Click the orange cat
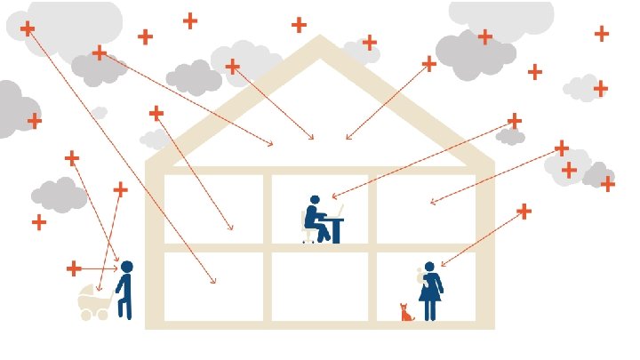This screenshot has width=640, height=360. coord(407,313)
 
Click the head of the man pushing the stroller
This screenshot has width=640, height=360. coord(127,267)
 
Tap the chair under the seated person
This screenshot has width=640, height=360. coord(308,234)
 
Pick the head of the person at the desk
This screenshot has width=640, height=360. coord(314,201)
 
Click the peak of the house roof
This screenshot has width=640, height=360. coord(320,39)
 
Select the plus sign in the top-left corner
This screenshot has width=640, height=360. coord(28,28)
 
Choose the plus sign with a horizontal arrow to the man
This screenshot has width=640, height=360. coord(74,268)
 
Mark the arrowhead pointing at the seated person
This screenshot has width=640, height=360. coord(333,196)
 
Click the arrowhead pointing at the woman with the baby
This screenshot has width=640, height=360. coord(442,265)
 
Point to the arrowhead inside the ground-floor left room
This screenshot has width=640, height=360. coord(214,282)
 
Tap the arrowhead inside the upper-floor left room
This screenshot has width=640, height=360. coord(232,229)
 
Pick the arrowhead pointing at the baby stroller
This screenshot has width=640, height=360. coord(100,290)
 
